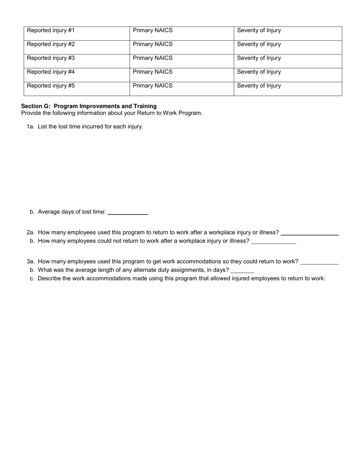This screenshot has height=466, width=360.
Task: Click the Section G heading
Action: coord(89,106)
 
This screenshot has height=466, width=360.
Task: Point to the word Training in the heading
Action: coord(144,106)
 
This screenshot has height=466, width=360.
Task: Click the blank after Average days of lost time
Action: coord(128,213)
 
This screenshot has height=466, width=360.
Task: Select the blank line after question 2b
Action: coord(274,242)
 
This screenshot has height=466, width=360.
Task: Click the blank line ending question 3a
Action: coord(319,262)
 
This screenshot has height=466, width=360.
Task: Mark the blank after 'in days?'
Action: coord(242,271)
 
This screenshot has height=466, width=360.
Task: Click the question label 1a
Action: coord(30,127)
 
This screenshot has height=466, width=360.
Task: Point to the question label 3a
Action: coord(30,261)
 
